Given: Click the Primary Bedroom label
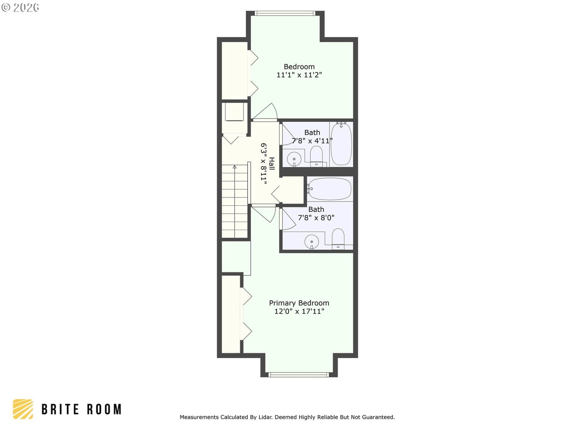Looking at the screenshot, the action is tap(299, 303).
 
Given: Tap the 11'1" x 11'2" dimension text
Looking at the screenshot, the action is tap(299, 75).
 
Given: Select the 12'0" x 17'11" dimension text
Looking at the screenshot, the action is tap(299, 311).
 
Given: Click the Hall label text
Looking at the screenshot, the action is tap(272, 164).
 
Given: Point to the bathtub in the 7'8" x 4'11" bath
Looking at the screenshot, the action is tap(341, 144).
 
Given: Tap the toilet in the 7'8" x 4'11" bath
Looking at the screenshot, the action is tap(316, 156).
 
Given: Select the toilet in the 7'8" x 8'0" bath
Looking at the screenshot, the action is tap(338, 239).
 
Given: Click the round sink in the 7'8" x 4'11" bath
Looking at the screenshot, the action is tap(294, 159).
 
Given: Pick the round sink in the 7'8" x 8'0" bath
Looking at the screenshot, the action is tap(312, 242).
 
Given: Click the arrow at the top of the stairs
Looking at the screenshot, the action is tap(235, 167).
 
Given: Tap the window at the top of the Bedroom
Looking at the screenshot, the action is tap(285, 13).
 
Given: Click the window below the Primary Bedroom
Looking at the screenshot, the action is tap(299, 374).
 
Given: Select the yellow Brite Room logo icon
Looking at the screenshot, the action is tap(23, 409).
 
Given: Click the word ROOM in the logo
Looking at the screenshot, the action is tap(104, 409).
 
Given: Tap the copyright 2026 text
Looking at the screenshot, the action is tap(20, 7).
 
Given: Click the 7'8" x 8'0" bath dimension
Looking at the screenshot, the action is tap(316, 218).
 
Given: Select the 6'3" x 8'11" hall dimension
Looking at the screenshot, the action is tap(264, 164).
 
